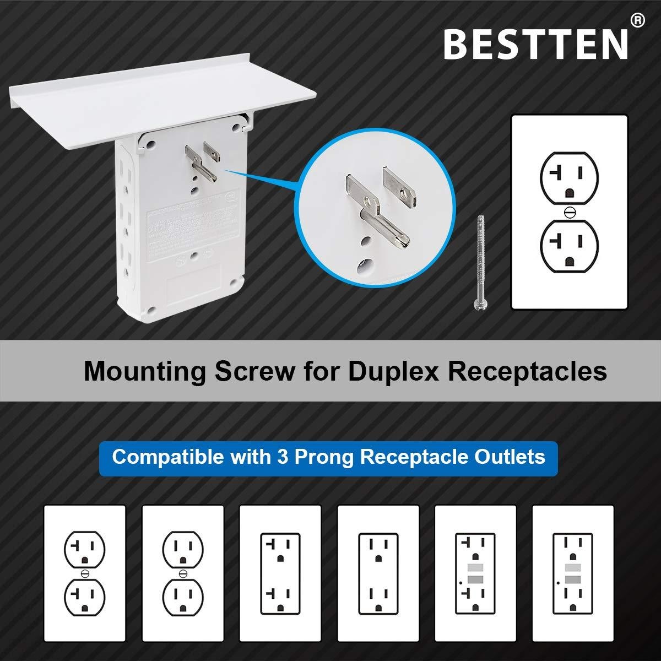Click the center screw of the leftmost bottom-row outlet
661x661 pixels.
[x=84, y=573]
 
